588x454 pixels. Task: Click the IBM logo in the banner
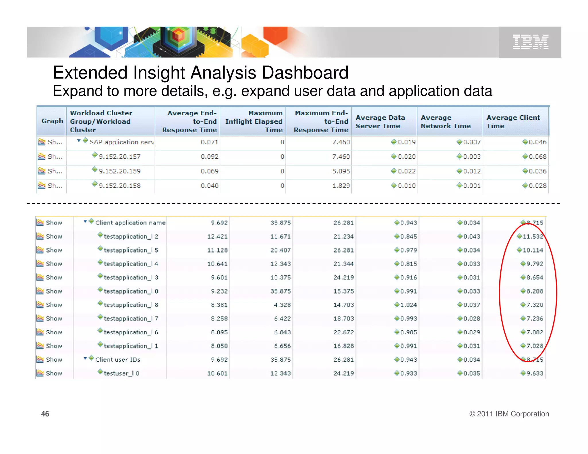pos(530,42)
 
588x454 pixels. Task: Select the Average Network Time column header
pos(445,121)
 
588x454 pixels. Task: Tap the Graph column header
pos(52,121)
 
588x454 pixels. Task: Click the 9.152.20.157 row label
pos(119,157)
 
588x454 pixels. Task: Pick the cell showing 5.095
pos(341,171)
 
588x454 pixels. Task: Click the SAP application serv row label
pos(121,142)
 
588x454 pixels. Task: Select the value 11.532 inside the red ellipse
pos(533,236)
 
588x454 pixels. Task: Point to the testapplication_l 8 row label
pos(131,305)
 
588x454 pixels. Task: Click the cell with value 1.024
pos(408,305)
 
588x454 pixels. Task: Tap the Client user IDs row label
pos(118,360)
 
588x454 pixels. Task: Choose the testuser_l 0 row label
pos(121,373)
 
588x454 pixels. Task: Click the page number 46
pos(45,414)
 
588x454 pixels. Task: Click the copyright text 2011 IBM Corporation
pos(509,414)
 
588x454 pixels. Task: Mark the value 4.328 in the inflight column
pos(282,305)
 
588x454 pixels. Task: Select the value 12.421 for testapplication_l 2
pos(217,236)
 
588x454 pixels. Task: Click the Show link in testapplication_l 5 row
pos(54,250)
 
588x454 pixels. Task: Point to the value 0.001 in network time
pos(471,186)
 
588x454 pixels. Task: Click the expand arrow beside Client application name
pos(85,221)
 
